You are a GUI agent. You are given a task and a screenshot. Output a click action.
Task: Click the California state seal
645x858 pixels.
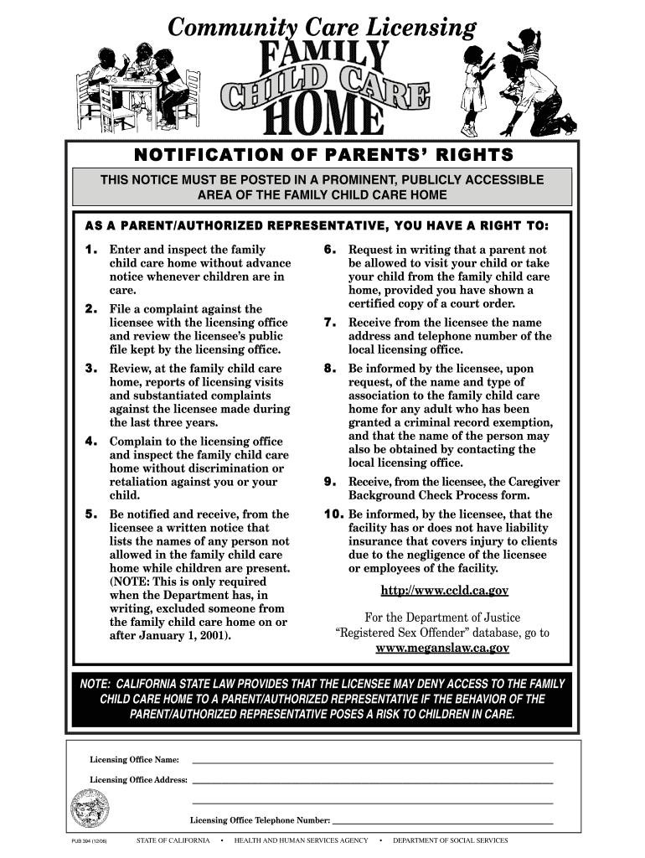coord(90,810)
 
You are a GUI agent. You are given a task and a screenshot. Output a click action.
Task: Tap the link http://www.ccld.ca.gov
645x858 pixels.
coord(445,591)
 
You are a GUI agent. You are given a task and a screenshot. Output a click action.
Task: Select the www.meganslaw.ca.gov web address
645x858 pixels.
coord(442,649)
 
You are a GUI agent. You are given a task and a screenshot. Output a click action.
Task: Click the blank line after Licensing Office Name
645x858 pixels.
coord(373,761)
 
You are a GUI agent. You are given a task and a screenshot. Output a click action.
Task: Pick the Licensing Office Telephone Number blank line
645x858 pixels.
coord(443,822)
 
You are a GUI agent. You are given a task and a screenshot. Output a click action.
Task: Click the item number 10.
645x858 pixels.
coord(333,514)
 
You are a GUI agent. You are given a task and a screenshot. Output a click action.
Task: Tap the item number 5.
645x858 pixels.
coord(92,514)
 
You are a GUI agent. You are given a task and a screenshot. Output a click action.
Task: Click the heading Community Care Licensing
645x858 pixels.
coord(322,28)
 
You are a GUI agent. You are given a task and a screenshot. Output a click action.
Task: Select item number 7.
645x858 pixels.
coord(330,323)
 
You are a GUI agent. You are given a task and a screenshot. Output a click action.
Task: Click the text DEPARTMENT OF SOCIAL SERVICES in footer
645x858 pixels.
coord(451,840)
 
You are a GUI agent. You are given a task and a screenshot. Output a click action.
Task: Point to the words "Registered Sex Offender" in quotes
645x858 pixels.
coord(401,633)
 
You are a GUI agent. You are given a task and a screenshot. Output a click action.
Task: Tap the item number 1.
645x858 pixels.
coord(91,250)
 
